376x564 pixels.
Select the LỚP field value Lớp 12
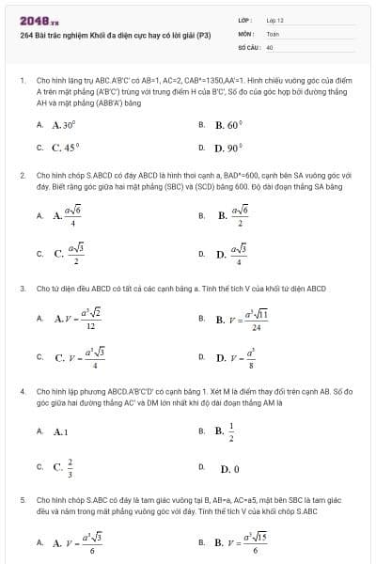pos(274,19)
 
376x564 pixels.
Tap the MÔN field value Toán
pos(273,32)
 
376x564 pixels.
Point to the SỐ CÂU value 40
pos(270,45)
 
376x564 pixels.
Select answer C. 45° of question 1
pos(65,148)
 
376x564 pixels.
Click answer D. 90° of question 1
pos(229,148)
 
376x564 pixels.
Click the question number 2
pos(22,175)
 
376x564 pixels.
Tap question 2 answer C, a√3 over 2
pos(71,253)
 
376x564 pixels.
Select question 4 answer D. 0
pos(230,468)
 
